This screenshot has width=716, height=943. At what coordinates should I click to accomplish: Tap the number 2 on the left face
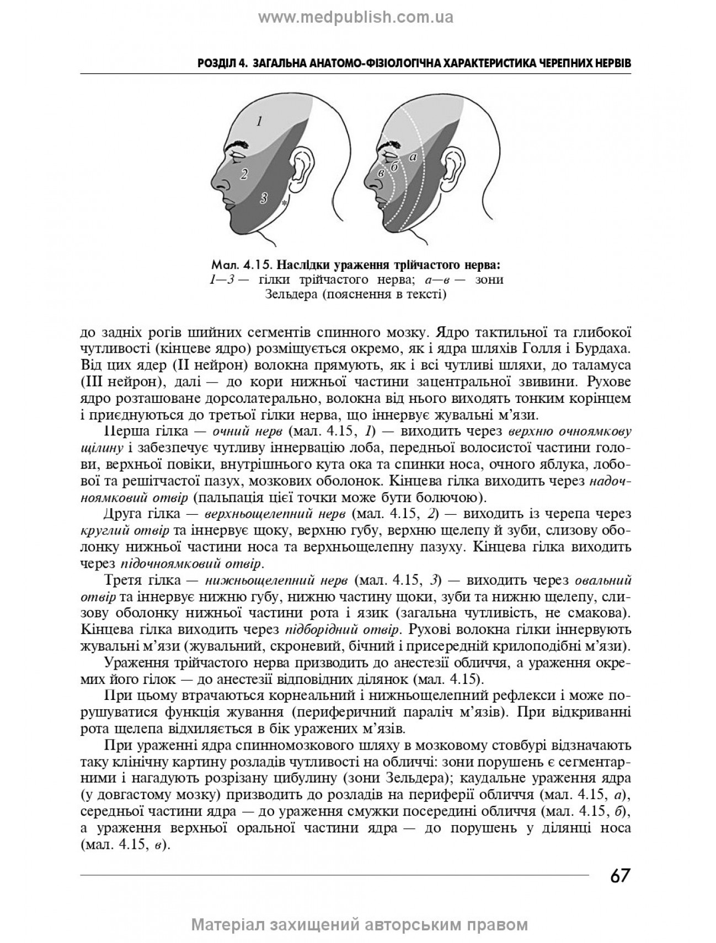(x=243, y=175)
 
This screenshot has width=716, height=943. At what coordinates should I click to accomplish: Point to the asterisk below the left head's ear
(x=284, y=204)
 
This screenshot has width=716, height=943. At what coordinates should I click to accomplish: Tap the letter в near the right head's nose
(x=380, y=174)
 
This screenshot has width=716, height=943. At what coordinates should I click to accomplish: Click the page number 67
(x=619, y=875)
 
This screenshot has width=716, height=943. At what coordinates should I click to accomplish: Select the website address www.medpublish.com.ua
(x=356, y=18)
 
